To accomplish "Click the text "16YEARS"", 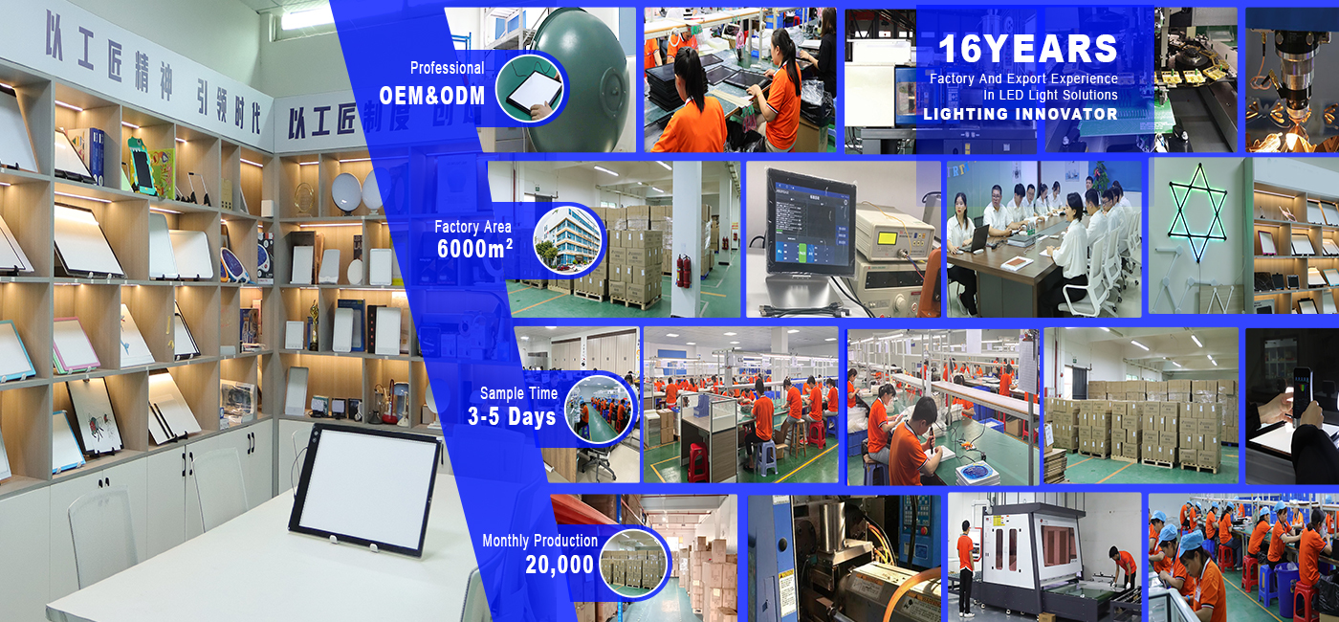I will [1027, 50].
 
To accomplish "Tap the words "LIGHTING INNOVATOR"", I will [1021, 114].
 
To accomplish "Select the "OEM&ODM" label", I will [432, 96].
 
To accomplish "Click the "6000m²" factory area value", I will [475, 249].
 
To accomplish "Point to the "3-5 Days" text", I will [512, 416].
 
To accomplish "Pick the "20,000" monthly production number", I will [560, 565].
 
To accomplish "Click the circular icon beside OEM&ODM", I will [529, 89].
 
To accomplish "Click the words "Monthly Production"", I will [539, 541].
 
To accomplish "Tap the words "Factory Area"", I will [472, 227].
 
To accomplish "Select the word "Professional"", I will [447, 68].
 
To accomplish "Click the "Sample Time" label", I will [516, 393].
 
